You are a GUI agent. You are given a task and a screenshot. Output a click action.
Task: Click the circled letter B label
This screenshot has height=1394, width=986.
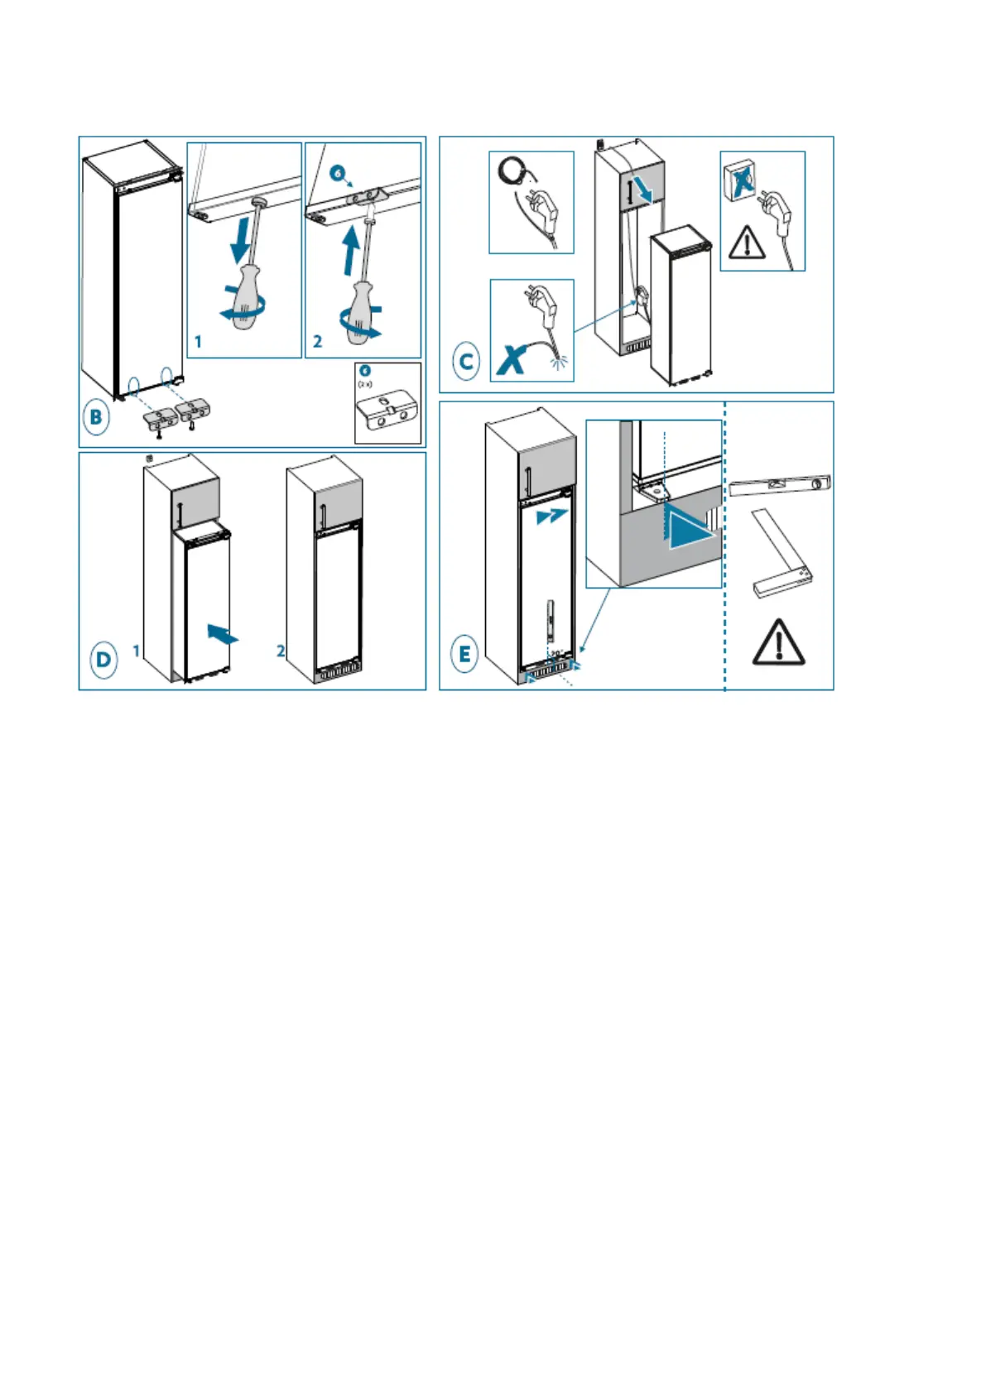coord(96,417)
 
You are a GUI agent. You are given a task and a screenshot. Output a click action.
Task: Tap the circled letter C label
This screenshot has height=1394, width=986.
coord(466,362)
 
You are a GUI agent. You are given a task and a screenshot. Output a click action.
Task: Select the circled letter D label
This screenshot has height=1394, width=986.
coord(103,660)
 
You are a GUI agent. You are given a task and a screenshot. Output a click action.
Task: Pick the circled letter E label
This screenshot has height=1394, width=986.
coord(464,655)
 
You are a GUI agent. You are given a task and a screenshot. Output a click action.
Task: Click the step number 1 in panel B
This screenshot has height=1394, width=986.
coord(198,341)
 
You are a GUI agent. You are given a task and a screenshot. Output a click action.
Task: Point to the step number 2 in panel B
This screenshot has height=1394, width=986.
coord(317,341)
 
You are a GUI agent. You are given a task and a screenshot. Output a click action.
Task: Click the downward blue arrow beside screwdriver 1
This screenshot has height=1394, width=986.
coord(240,238)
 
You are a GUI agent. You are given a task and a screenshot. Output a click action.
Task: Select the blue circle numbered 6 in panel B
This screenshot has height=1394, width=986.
coord(337,173)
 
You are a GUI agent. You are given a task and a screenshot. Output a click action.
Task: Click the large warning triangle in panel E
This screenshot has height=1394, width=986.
coord(778,643)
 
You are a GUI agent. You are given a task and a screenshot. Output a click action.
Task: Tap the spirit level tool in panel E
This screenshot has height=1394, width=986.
coord(779,485)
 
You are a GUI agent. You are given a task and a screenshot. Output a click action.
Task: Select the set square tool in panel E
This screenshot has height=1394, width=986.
coord(781,554)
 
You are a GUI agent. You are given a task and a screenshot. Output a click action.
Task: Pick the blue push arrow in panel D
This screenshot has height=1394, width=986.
coord(221,634)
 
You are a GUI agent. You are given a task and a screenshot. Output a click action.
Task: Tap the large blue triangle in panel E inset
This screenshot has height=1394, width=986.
coord(690,528)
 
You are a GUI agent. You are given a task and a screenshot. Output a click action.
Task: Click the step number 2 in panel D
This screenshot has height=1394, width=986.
coord(281,651)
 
